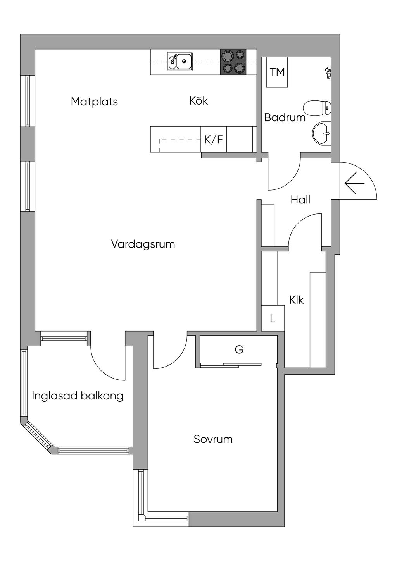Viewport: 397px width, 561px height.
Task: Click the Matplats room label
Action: coord(94,102)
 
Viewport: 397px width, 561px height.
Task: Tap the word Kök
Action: coord(198,101)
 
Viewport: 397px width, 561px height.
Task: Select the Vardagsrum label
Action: coord(143,244)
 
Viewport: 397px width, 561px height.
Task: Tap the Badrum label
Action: coord(285,117)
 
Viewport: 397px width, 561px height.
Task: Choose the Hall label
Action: coord(300,200)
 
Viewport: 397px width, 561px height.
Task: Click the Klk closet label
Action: coord(296,300)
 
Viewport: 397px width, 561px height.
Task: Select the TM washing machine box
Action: coord(277,72)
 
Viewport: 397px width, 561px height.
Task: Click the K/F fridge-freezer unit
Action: coord(214,139)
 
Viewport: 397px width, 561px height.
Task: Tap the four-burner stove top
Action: coord(233,62)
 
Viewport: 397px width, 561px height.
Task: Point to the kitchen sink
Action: coord(180,62)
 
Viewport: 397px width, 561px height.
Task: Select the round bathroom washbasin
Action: coord(322,134)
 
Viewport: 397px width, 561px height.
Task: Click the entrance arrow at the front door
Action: coord(354,183)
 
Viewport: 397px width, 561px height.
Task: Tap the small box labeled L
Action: coord(273,318)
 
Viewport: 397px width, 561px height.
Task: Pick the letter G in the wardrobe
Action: coord(239,349)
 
